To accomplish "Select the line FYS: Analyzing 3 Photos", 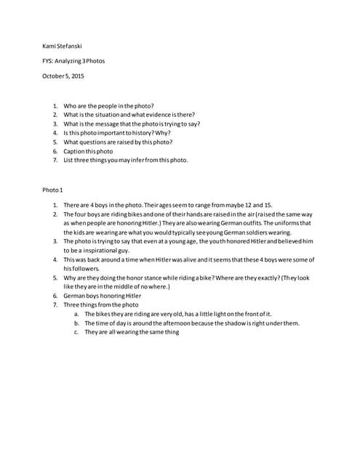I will click(73, 61).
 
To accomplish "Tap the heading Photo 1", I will click(53, 190).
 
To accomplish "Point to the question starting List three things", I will click(125, 160).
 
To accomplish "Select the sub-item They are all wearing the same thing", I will click(131, 332).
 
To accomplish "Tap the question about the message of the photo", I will click(131, 124).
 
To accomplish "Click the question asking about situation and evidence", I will click(129, 115).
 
